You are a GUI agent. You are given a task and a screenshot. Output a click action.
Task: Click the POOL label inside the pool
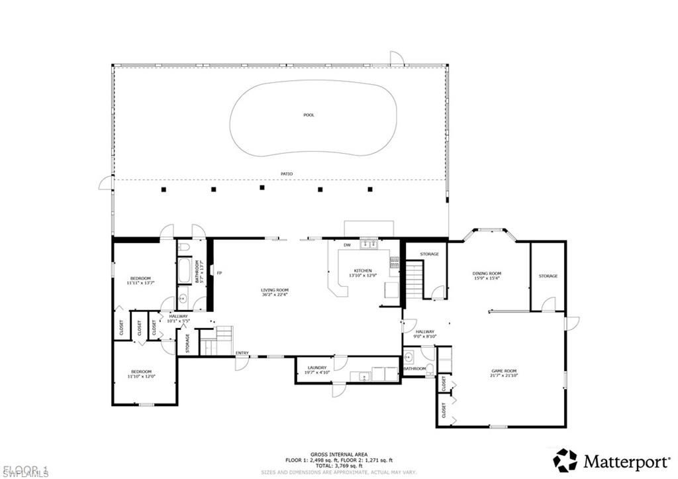tap(309, 115)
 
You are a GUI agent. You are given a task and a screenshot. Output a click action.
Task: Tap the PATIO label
tap(286, 174)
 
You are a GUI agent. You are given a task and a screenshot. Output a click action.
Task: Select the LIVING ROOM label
tap(274, 290)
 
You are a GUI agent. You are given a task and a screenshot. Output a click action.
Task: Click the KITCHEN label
tap(363, 271)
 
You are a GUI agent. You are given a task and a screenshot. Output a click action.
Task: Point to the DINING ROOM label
tap(487, 274)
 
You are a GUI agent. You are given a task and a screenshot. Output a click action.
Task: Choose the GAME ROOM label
tap(503, 371)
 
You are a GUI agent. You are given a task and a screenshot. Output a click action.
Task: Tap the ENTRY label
tap(242, 353)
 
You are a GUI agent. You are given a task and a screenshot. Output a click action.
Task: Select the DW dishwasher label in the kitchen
tap(346, 246)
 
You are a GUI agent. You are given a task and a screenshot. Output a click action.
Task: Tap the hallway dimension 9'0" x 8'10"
tap(424, 337)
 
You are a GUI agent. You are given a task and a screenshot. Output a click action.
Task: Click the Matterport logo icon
tap(565, 460)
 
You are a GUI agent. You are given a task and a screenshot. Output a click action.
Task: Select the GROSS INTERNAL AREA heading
tap(339, 454)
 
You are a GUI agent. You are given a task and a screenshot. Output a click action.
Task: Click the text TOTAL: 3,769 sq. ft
tap(339, 466)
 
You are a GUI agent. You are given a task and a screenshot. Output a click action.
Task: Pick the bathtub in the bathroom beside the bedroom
tap(185, 271)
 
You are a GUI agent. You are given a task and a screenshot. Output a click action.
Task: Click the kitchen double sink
tap(368, 245)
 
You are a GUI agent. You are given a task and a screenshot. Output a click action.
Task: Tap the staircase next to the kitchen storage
tap(414, 279)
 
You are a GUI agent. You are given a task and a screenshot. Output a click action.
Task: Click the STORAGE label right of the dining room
tap(548, 276)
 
